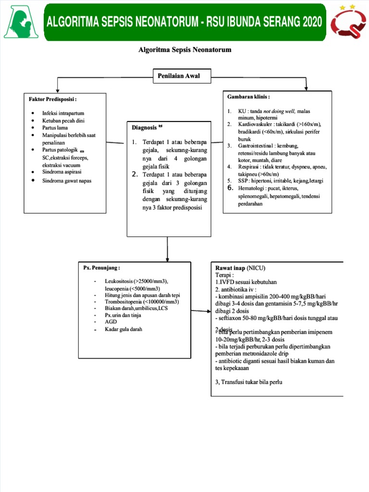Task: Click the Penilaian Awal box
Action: pyautogui.click(x=183, y=75)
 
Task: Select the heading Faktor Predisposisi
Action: pyautogui.click(x=52, y=99)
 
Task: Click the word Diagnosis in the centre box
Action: pyautogui.click(x=144, y=128)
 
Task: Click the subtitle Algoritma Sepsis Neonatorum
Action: pyautogui.click(x=185, y=50)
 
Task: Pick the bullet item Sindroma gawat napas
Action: pyautogui.click(x=66, y=181)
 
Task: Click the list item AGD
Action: pyautogui.click(x=111, y=322)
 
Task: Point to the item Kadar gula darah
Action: pyautogui.click(x=123, y=329)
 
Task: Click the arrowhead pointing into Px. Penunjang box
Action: pyautogui.click(x=167, y=258)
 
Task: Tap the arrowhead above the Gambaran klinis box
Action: pyautogui.click(x=307, y=88)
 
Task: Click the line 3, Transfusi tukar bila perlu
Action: pyautogui.click(x=248, y=382)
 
